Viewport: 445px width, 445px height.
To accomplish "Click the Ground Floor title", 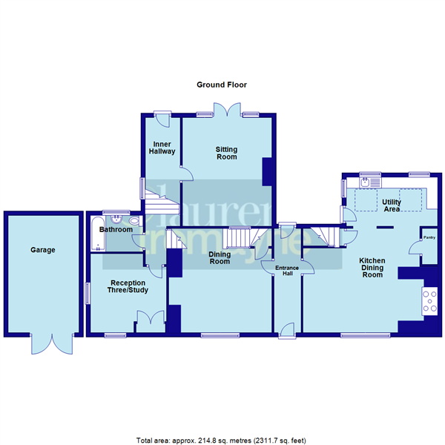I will click(x=221, y=85).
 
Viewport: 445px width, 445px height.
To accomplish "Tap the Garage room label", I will click(x=43, y=251).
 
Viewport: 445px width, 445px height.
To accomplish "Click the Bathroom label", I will click(x=116, y=230).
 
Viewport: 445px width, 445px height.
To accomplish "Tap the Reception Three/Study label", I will click(x=128, y=287).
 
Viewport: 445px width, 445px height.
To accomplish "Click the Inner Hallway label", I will click(x=163, y=147).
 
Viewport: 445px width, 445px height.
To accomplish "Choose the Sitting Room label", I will click(x=226, y=153).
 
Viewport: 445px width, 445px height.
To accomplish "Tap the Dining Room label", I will click(x=220, y=258).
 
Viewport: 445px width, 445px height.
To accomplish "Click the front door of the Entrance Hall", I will click(x=286, y=329).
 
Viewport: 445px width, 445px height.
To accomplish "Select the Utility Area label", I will click(x=391, y=205).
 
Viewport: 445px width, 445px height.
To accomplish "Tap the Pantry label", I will click(x=429, y=238).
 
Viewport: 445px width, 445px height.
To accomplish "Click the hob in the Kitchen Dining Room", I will click(x=429, y=300).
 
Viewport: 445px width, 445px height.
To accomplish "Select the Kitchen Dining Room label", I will click(x=372, y=268).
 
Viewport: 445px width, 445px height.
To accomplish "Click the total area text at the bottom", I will click(x=222, y=438).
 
